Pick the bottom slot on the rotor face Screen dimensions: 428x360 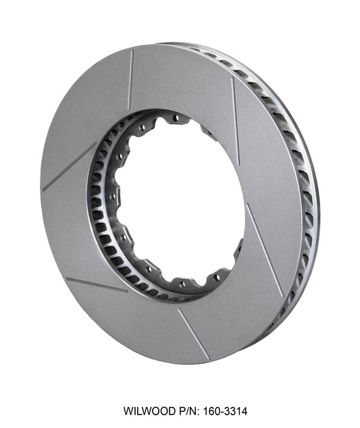pyautogui.click(x=192, y=333)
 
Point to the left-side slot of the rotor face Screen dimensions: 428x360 pyautogui.click(x=68, y=167)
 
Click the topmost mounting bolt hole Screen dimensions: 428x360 pyautogui.click(x=176, y=117)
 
